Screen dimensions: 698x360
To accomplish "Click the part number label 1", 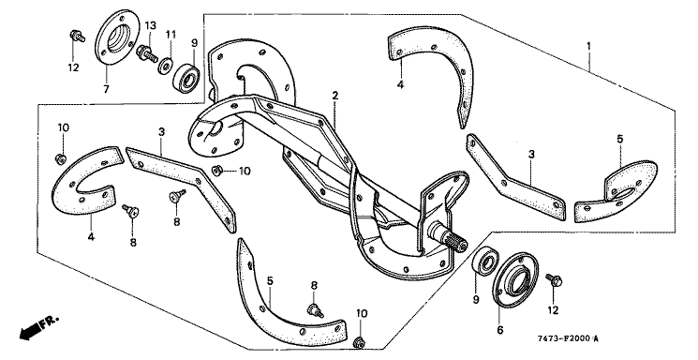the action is tap(589, 46).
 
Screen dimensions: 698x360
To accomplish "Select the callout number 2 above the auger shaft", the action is tap(335, 96).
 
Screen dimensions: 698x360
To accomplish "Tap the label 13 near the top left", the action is tap(151, 25).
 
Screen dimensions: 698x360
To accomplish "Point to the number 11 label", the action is tap(171, 34).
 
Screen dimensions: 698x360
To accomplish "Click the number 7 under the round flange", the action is tap(106, 90).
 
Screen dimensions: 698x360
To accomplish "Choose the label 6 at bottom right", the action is tap(500, 330).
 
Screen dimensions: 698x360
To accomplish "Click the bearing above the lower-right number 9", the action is tap(484, 263).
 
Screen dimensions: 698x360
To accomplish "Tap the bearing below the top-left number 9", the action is tap(186, 75).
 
